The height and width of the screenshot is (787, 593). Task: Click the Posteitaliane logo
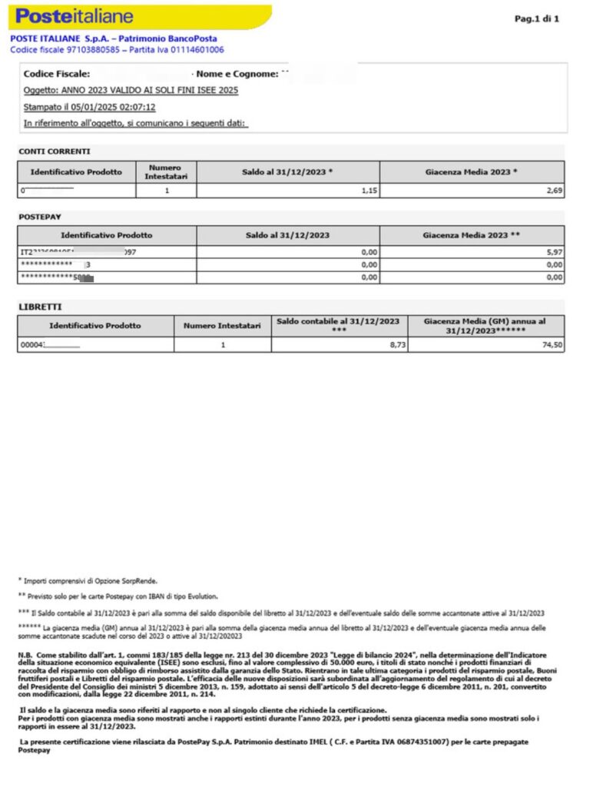point(74,16)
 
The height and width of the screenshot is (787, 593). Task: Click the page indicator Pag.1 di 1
point(536,18)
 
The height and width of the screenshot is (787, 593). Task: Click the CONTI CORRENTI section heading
point(54,151)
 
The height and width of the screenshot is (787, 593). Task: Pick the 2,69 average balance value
point(554,190)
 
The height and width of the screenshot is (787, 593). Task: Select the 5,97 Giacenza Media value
point(554,251)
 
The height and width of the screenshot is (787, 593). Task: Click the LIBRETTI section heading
point(41,307)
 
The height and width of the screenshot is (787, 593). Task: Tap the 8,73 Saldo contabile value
point(397,346)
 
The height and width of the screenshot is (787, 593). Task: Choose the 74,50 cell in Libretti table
point(552,346)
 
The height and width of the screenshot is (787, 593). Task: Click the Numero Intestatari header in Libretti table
point(222,326)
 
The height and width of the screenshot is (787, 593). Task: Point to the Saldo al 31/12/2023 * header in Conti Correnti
point(287,171)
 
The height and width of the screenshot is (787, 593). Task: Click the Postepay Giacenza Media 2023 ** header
point(472,235)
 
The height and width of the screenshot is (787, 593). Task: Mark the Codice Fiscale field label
point(58,74)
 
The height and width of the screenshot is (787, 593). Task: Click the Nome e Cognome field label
point(236,74)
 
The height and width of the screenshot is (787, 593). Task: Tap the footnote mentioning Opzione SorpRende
point(92,581)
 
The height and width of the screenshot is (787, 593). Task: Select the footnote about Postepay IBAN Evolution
point(118,596)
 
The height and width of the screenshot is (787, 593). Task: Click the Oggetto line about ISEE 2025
point(131,90)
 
